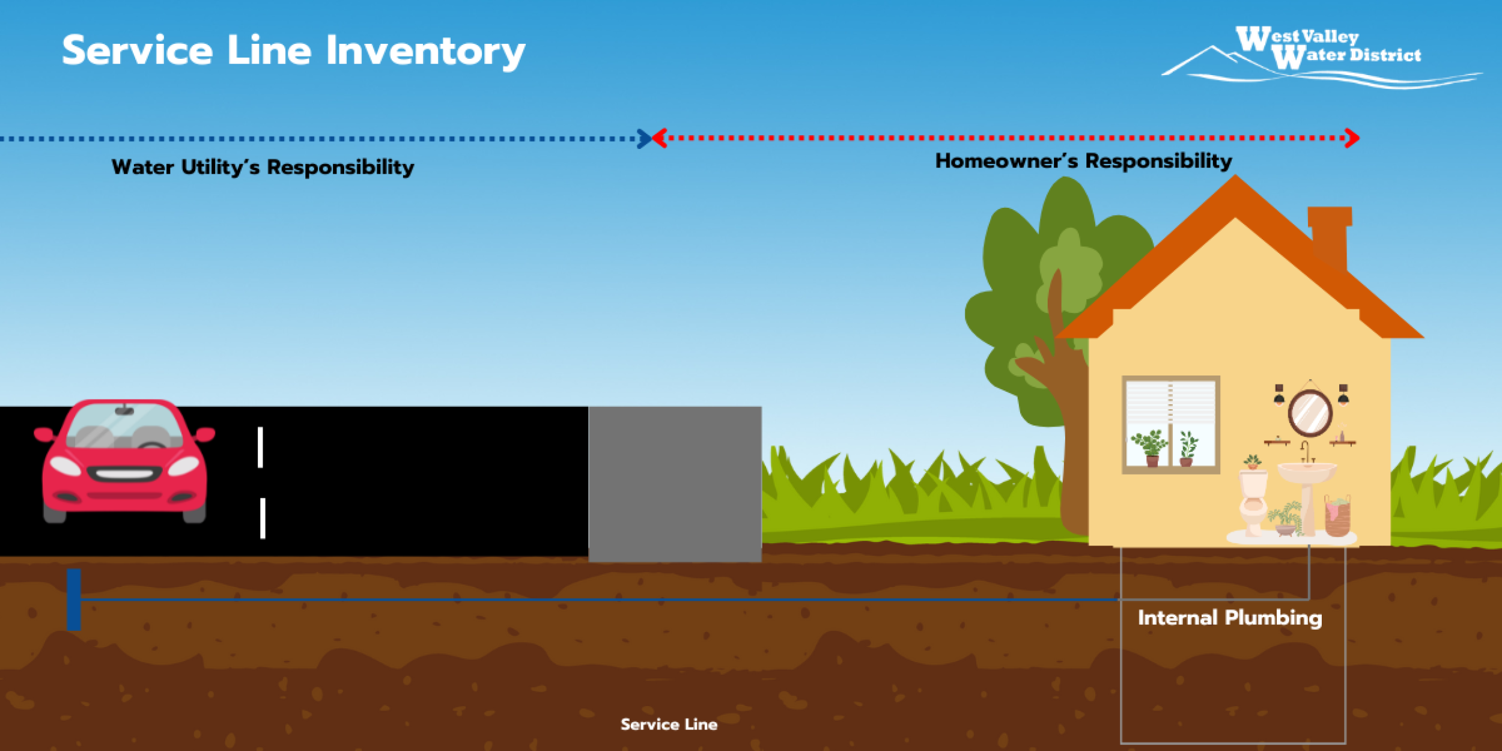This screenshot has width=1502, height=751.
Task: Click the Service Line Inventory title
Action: (294, 52)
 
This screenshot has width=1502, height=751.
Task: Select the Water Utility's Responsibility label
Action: (263, 167)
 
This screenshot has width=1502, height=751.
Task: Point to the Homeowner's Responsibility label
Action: (1083, 161)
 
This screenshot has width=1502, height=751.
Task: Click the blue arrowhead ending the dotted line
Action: (644, 139)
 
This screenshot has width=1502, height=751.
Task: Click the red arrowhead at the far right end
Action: (1352, 138)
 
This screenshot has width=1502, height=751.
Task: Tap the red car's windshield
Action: (124, 425)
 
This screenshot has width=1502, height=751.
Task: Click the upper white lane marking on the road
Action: (260, 447)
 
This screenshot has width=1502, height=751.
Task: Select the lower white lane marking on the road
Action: (263, 518)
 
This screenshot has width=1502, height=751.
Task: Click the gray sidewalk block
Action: (675, 484)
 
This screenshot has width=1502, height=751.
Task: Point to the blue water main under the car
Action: (74, 599)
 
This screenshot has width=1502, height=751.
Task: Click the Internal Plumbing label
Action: (1230, 618)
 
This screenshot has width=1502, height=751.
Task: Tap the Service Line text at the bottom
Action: (669, 725)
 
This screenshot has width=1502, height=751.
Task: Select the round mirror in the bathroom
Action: (1310, 413)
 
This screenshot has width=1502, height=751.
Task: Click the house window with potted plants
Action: (1171, 425)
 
